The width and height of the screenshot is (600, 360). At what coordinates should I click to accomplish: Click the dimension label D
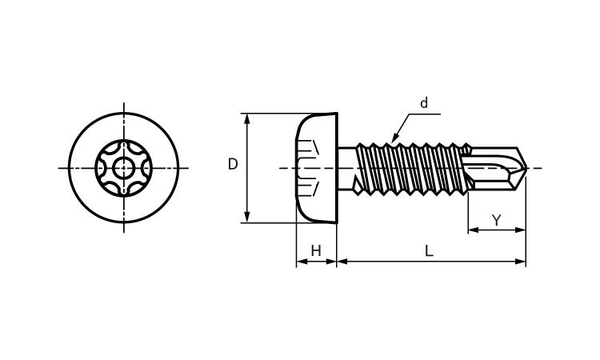pyautogui.click(x=233, y=164)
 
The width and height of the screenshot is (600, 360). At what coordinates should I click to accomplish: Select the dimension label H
pyautogui.click(x=316, y=251)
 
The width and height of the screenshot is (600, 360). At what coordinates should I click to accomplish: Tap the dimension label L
pyautogui.click(x=429, y=251)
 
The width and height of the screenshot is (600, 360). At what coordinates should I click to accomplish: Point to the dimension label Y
pyautogui.click(x=496, y=220)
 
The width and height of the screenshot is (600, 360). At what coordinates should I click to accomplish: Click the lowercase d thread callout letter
pyautogui.click(x=423, y=103)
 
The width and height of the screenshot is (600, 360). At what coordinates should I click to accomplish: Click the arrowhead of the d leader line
pyautogui.click(x=395, y=138)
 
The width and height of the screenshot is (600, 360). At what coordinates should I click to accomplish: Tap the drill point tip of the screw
pyautogui.click(x=527, y=167)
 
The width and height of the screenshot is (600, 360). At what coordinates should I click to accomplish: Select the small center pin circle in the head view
pyautogui.click(x=123, y=167)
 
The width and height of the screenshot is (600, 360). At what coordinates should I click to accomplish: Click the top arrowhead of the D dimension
pyautogui.click(x=247, y=118)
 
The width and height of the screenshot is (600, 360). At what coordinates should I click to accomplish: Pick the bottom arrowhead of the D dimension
pyautogui.click(x=247, y=218)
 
